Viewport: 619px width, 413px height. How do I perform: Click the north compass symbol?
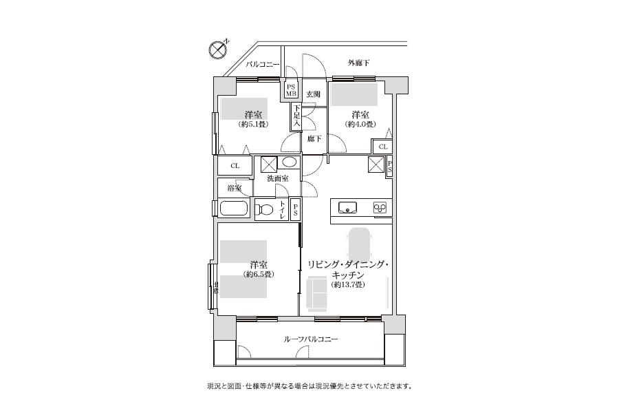click(218, 49)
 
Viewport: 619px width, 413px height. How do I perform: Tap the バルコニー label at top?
click(263, 65)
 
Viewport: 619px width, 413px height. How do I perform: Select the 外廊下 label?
click(358, 63)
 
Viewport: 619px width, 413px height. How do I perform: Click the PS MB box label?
click(291, 90)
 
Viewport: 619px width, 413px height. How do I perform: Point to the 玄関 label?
click(313, 94)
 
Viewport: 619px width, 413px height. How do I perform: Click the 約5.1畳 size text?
click(254, 125)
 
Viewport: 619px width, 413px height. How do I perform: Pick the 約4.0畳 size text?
click(360, 125)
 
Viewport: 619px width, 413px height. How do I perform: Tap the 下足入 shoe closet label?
click(296, 116)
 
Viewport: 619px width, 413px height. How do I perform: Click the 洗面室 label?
click(278, 179)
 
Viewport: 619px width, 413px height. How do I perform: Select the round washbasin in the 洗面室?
click(290, 162)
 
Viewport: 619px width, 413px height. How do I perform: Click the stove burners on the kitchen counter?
click(380, 206)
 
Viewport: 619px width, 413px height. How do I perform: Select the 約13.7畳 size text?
click(347, 285)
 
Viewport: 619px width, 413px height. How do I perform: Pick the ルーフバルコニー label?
click(311, 339)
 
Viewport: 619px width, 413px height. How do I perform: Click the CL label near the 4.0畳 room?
click(382, 147)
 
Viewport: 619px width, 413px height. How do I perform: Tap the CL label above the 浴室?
click(235, 166)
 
